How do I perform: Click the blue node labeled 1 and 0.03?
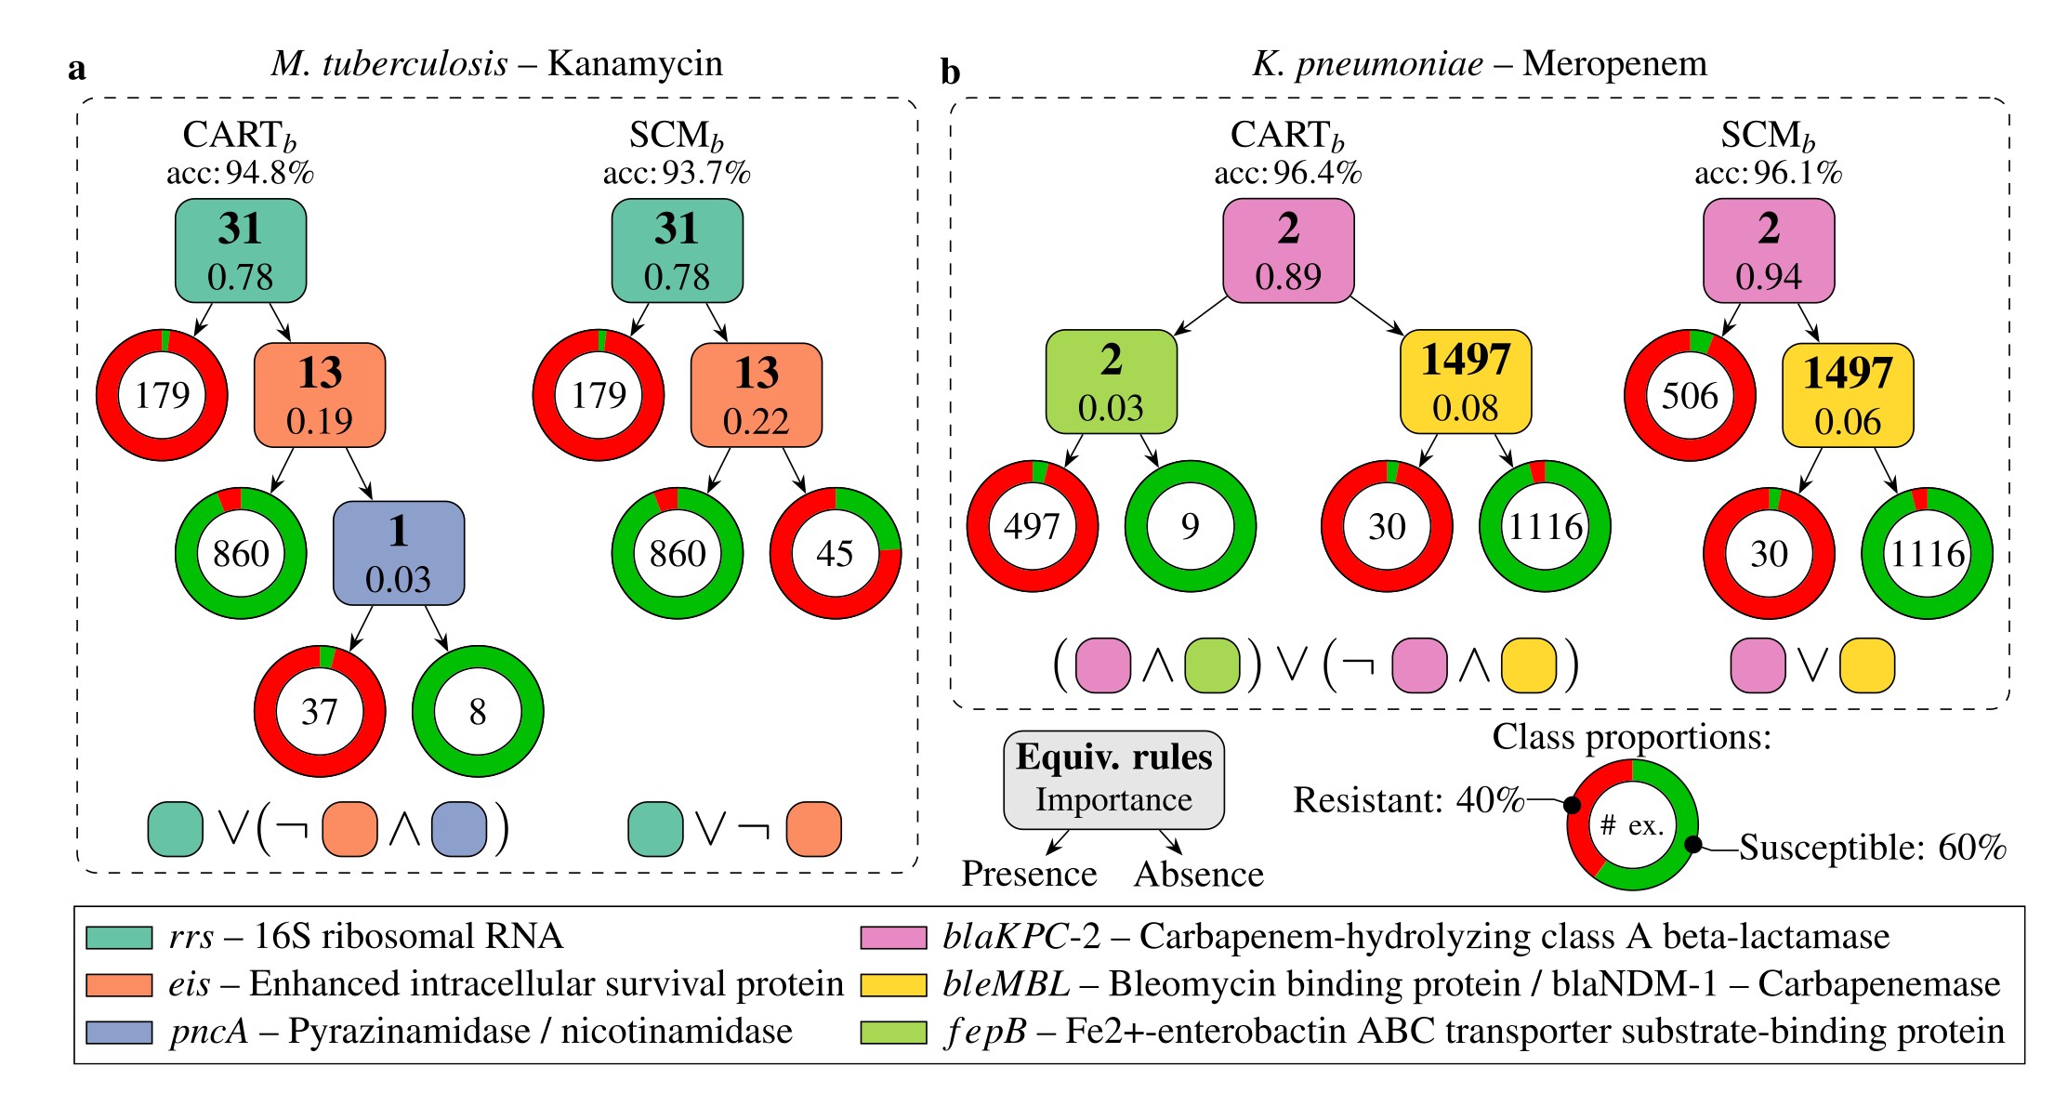point(399,554)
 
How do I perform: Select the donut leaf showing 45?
point(835,554)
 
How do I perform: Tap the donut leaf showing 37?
point(320,712)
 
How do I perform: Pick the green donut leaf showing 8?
point(478,712)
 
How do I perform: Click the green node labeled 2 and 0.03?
point(1111,382)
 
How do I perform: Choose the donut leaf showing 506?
point(1690,396)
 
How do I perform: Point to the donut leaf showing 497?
point(1032,526)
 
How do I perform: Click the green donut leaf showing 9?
point(1190,526)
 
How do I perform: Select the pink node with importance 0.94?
point(1768,251)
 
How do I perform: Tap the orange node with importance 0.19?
point(320,396)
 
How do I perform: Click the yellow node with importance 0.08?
point(1465,382)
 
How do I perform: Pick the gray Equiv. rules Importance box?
point(1113,779)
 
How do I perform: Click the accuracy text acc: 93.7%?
point(677,173)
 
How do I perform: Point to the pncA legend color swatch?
point(119,1032)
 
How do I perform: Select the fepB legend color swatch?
point(893,1032)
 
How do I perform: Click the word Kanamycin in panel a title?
point(635,63)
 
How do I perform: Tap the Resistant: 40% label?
point(1408,799)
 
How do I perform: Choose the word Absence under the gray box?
point(1198,874)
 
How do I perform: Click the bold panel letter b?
point(950,72)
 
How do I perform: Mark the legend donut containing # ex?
point(1632,825)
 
